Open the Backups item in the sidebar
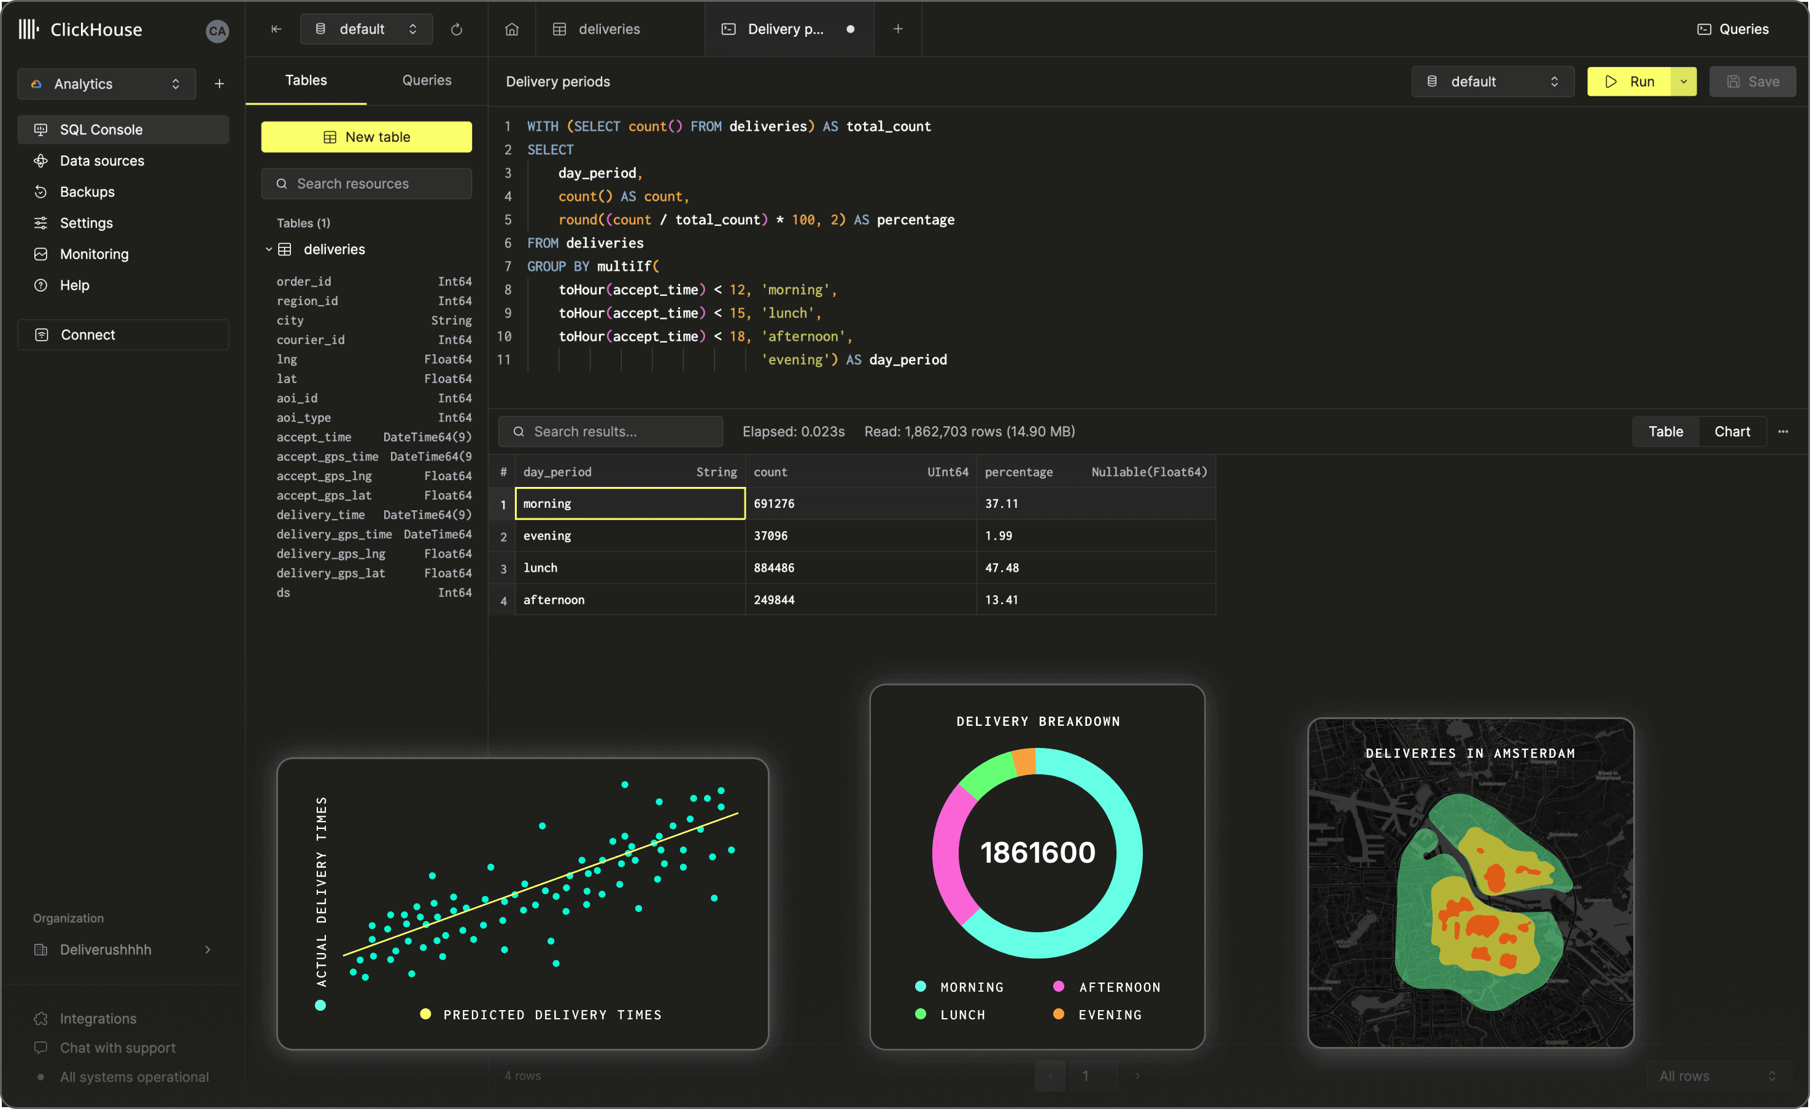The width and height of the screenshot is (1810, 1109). pyautogui.click(x=87, y=192)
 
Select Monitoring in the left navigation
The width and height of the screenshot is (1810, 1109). pyautogui.click(x=94, y=254)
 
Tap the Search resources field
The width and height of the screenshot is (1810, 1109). pyautogui.click(x=366, y=184)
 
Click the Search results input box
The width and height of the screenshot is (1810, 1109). pyautogui.click(x=611, y=432)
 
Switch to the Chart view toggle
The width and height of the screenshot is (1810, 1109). pyautogui.click(x=1731, y=432)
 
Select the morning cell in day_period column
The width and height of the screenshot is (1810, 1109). pyautogui.click(x=630, y=504)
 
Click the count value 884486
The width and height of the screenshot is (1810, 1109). pyautogui.click(x=773, y=568)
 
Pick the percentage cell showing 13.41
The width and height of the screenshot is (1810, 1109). pyautogui.click(x=1001, y=600)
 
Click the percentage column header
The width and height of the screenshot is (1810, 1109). pyautogui.click(x=1018, y=472)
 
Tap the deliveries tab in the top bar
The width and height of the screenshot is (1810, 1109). pyautogui.click(x=609, y=29)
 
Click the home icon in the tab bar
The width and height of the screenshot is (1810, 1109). pyautogui.click(x=512, y=29)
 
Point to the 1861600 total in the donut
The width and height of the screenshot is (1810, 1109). pyautogui.click(x=1037, y=852)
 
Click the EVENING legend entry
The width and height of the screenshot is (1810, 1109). pyautogui.click(x=1109, y=1015)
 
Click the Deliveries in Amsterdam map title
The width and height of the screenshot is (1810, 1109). pyautogui.click(x=1470, y=753)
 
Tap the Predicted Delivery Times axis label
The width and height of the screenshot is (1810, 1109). pyautogui.click(x=552, y=1015)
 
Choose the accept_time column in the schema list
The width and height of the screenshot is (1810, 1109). pyautogui.click(x=314, y=437)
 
